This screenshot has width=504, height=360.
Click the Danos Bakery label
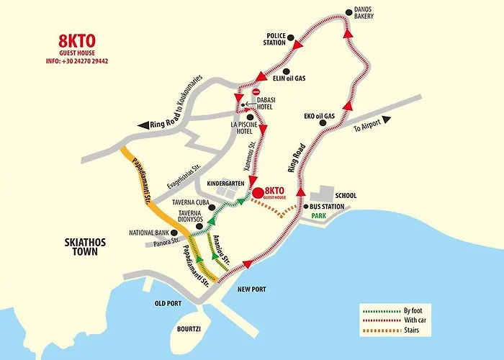point(363,14)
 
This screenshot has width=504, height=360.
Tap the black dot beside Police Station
point(290,37)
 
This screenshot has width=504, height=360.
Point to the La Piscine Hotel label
point(244,127)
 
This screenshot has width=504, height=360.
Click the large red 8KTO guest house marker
point(259,193)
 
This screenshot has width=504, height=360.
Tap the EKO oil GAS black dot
point(323,122)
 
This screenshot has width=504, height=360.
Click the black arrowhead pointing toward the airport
point(387,119)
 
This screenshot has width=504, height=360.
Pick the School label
point(346,196)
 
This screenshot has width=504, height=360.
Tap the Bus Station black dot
point(305,207)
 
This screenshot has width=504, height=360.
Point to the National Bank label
point(148,233)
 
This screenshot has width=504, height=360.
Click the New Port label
point(251,289)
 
